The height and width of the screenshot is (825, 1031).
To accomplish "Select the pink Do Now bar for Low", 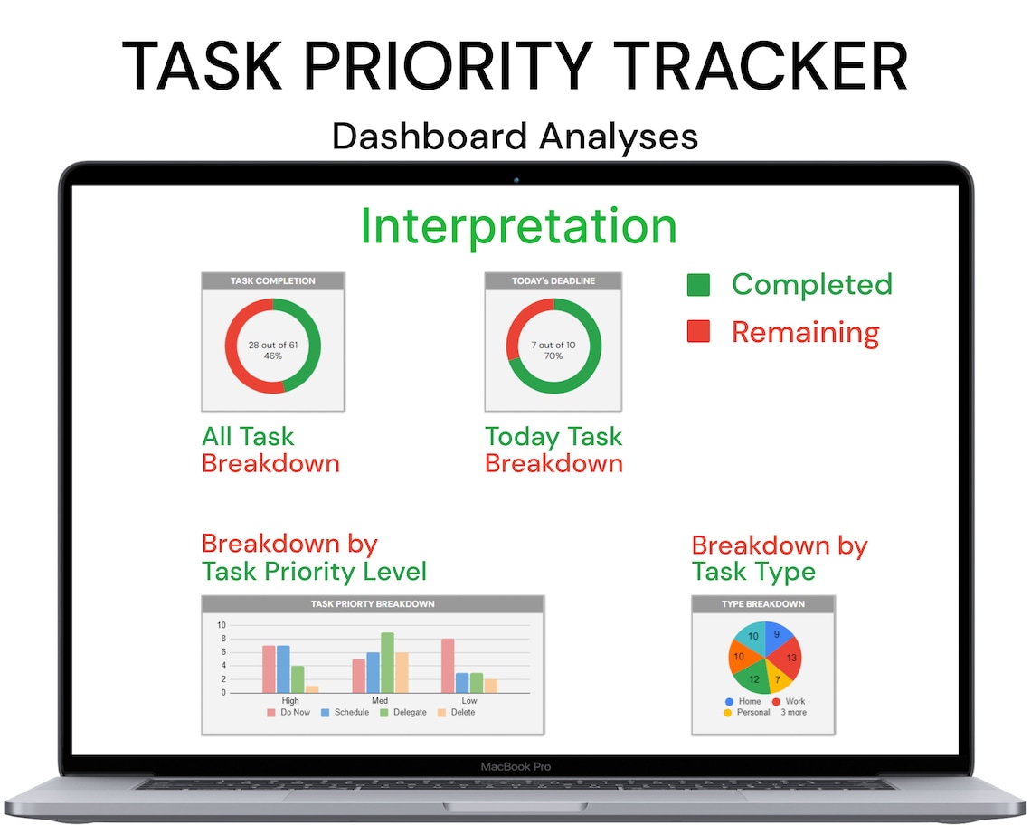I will tap(448, 666).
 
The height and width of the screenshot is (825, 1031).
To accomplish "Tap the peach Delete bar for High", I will tap(312, 689).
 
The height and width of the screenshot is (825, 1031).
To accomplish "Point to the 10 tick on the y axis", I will tap(221, 625).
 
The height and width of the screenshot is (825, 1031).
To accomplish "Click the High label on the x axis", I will tap(290, 701).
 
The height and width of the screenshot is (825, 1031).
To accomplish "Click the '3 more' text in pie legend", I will tap(792, 713).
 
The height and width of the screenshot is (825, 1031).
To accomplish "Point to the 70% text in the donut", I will tap(553, 356).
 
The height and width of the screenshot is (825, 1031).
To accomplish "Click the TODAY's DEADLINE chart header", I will tap(553, 280).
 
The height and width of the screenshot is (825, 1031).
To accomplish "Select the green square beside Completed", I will tap(698, 285).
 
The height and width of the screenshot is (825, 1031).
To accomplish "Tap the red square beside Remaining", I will tap(698, 332).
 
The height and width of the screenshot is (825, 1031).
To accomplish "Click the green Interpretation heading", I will tap(518, 226).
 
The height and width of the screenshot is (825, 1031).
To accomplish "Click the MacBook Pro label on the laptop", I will tap(515, 767).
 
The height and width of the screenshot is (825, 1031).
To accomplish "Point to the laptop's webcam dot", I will tap(516, 179).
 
